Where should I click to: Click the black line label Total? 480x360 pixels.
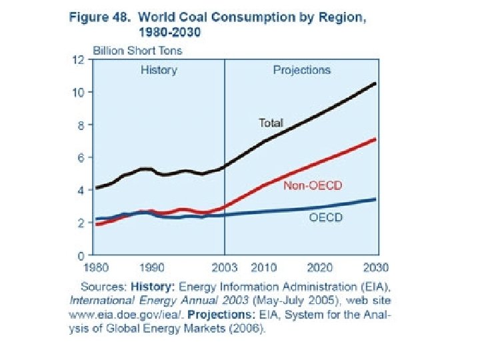(271, 123)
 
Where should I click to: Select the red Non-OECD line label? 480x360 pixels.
(308, 185)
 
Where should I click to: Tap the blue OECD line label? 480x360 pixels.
(325, 218)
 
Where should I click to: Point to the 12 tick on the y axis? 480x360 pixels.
(79, 59)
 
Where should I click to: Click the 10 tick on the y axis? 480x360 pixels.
(79, 92)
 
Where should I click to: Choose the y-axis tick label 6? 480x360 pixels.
(81, 157)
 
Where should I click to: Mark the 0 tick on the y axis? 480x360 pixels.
(81, 255)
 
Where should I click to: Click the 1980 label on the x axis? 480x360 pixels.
(97, 268)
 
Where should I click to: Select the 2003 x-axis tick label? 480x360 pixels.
(224, 268)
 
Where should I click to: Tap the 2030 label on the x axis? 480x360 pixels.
(377, 268)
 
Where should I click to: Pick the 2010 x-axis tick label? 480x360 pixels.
(263, 268)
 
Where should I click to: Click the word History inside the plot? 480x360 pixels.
(159, 70)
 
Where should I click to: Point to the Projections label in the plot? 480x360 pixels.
(301, 70)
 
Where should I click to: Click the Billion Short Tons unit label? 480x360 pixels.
(137, 50)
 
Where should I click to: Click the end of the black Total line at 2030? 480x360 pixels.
(375, 83)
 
